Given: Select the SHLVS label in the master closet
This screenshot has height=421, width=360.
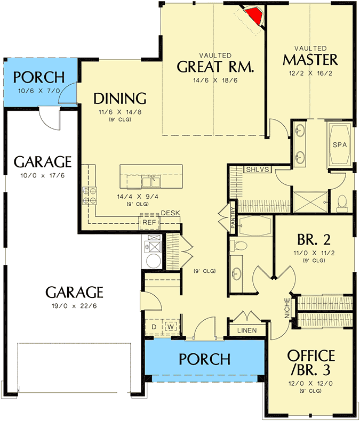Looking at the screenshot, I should click(257, 169).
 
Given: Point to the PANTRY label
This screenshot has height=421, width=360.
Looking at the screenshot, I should click(233, 218).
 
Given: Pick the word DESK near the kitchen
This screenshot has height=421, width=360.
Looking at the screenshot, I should click(170, 213).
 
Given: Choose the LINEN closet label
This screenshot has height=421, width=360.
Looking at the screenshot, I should click(246, 330).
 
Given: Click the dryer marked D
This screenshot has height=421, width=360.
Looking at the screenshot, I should click(154, 326).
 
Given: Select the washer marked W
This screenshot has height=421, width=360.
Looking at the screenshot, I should click(172, 326).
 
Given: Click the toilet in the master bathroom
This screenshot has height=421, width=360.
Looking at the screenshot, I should click(342, 201).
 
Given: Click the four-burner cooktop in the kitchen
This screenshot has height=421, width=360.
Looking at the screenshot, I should click(89, 195).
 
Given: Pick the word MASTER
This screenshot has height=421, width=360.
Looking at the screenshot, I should click(310, 59).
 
